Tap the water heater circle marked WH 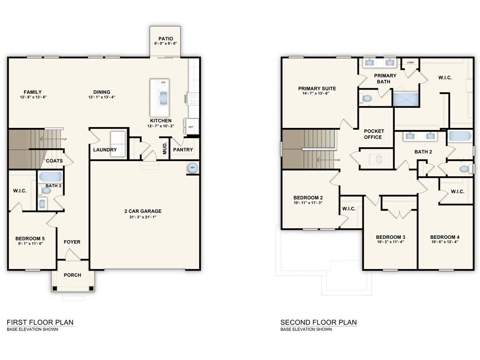[x=192, y=168]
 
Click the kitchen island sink [x=163, y=98]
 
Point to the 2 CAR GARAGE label [x=143, y=211]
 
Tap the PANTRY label [x=183, y=150]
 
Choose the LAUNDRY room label [x=105, y=150]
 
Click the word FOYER [x=72, y=242]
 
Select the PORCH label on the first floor [x=72, y=275]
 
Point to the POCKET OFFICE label [x=374, y=134]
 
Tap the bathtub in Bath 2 [x=460, y=136]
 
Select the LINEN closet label [x=410, y=62]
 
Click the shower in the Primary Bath [x=405, y=99]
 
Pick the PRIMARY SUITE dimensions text [x=317, y=93]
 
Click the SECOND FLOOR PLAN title [x=318, y=322]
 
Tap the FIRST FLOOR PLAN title [x=40, y=322]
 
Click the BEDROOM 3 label [x=390, y=237]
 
